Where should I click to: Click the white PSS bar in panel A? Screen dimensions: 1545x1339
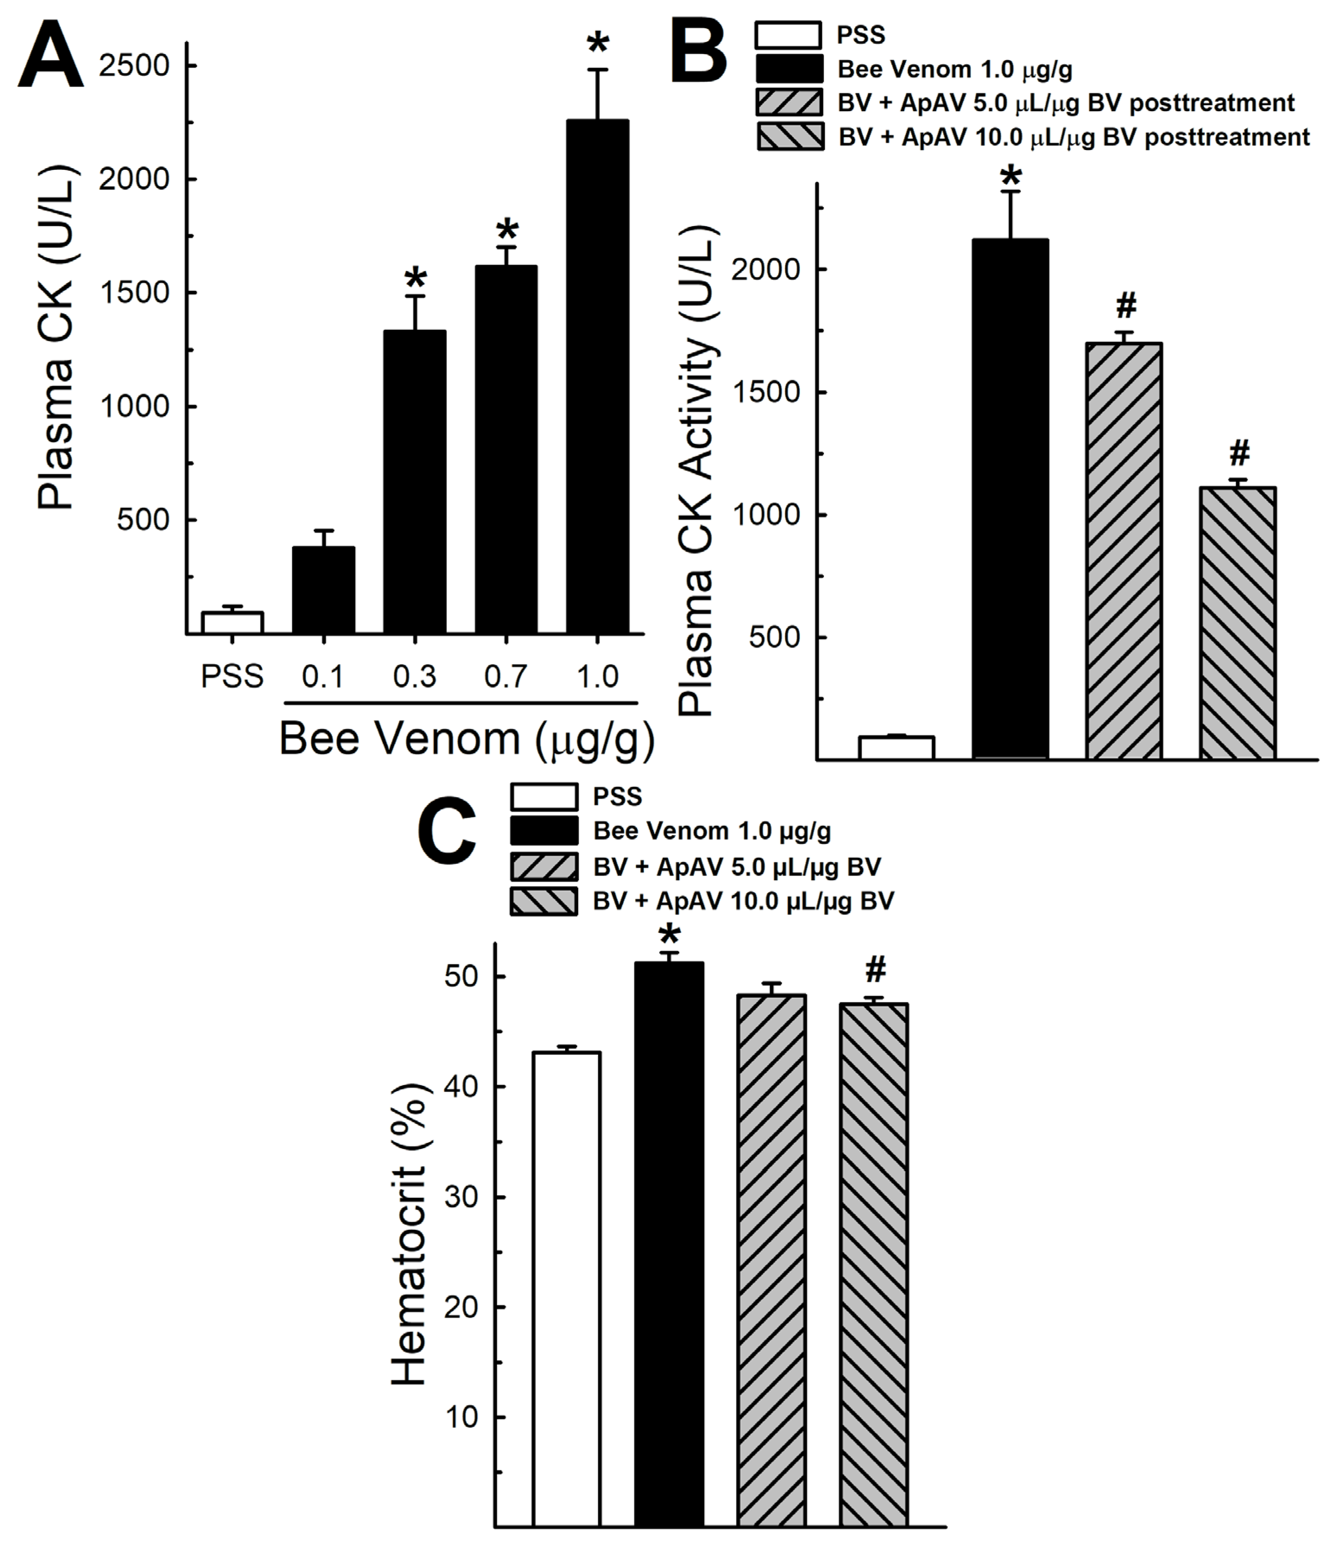232,622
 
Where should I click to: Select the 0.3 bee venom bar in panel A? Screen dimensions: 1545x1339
415,482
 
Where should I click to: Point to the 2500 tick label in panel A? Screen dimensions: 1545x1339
134,66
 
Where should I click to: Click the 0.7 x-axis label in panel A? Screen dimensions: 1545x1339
506,677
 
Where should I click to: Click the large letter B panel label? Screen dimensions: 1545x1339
699,52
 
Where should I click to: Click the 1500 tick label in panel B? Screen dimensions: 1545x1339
766,393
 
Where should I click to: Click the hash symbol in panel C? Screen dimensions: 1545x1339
875,970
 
